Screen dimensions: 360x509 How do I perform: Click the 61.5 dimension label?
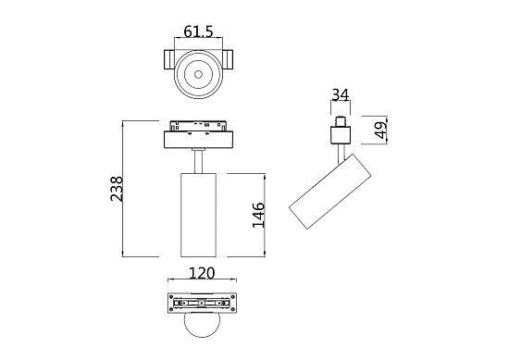(199, 32)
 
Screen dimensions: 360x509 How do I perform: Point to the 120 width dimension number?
(202, 273)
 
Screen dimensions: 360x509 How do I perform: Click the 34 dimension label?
(341, 94)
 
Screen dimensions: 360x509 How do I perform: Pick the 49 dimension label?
(379, 130)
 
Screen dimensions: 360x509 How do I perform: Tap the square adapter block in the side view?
(341, 135)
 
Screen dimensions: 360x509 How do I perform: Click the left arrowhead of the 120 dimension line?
(168, 281)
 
